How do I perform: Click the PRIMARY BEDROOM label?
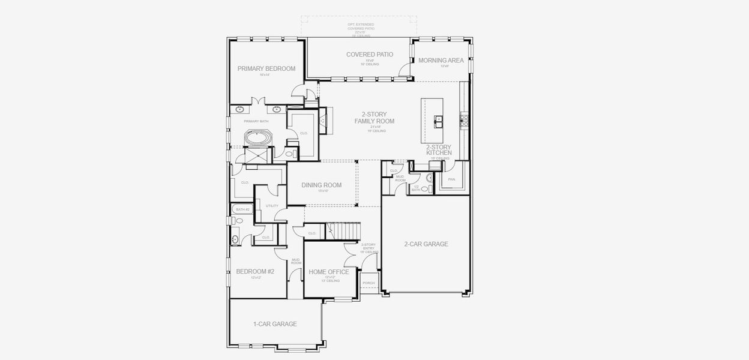click(266, 68)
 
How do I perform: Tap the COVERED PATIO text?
click(370, 55)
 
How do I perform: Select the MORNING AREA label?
click(441, 60)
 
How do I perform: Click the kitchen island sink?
click(437, 118)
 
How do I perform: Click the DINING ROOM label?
click(321, 185)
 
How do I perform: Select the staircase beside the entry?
click(343, 230)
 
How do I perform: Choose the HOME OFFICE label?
click(329, 272)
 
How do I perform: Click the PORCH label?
click(368, 283)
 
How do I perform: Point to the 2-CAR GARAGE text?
click(426, 244)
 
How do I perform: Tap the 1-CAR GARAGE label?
click(275, 324)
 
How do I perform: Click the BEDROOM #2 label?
click(254, 271)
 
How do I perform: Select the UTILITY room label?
click(272, 206)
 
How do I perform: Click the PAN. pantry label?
click(451, 179)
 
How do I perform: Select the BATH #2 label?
click(242, 209)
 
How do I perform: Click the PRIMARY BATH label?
click(256, 121)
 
